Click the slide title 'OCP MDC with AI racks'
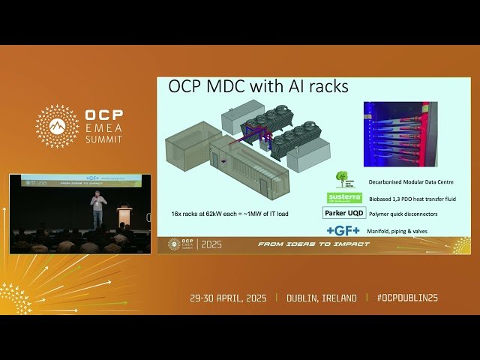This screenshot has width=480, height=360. click(x=258, y=87)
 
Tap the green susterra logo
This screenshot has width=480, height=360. click(x=344, y=198)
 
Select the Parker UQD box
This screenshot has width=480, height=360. click(x=344, y=213)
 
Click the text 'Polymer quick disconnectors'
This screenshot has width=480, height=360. click(x=403, y=214)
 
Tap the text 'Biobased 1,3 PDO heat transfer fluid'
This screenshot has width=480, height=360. click(x=412, y=199)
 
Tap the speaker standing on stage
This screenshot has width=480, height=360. click(x=97, y=210)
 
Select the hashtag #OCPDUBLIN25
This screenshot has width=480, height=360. click(x=407, y=298)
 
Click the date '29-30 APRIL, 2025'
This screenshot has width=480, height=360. click(x=231, y=298)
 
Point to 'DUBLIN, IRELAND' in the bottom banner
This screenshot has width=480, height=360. click(x=322, y=298)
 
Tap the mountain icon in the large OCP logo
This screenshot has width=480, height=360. click(x=57, y=126)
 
